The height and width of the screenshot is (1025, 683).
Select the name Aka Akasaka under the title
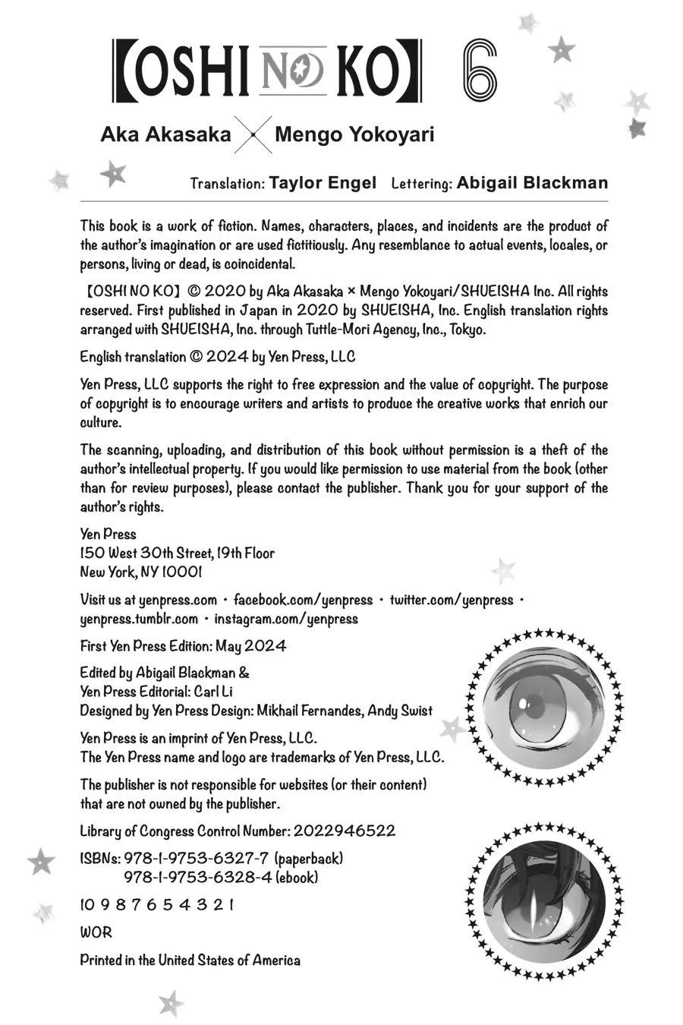[x=166, y=135]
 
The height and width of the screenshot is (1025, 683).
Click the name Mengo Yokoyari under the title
[x=354, y=135]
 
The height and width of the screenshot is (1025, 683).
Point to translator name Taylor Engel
[x=323, y=183]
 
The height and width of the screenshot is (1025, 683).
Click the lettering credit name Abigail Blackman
[x=532, y=183]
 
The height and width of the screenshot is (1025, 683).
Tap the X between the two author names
[x=252, y=137]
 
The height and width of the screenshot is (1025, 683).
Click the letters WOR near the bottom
[x=96, y=932]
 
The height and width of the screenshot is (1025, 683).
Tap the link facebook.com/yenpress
[x=303, y=600]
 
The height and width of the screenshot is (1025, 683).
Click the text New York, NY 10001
[x=141, y=572]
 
